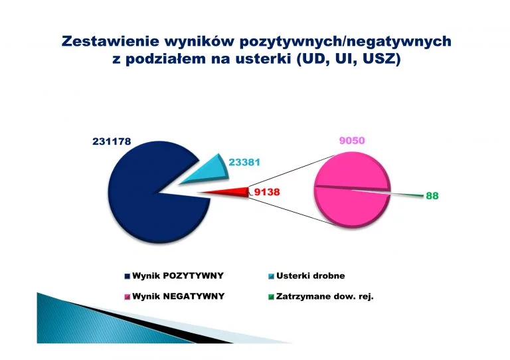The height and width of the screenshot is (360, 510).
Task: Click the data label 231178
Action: tap(112, 141)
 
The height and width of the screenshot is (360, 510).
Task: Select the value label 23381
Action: tap(244, 162)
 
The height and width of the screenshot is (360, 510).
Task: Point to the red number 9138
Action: tap(267, 192)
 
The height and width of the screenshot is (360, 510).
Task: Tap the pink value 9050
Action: tap(352, 141)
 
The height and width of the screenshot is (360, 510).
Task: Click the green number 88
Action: tap(432, 196)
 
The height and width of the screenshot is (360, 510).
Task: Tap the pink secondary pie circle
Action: tap(352, 189)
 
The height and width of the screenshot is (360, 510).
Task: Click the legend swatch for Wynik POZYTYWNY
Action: tap(127, 276)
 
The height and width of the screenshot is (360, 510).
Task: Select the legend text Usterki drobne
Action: tap(310, 276)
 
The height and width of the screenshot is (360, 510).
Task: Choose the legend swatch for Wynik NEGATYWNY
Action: tap(127, 297)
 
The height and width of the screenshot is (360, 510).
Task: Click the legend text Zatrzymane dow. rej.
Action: tap(325, 296)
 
